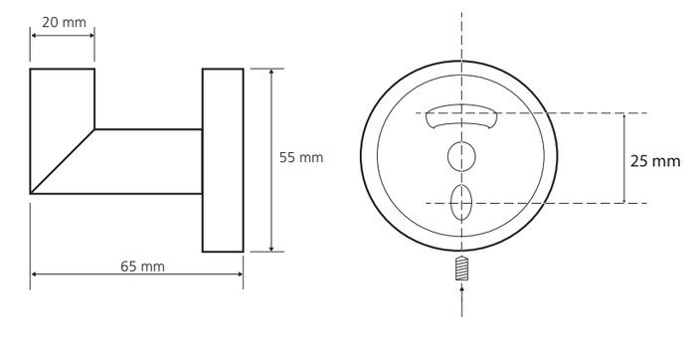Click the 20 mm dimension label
pos(64,22)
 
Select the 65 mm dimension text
pos(142,267)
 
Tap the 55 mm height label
pos(301,157)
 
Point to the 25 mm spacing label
pos(655,161)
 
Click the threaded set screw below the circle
pos(461,269)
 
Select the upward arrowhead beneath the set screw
pos(461,289)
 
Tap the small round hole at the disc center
pos(461,157)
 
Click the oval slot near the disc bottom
pos(461,203)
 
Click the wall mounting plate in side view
pos(223,160)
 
